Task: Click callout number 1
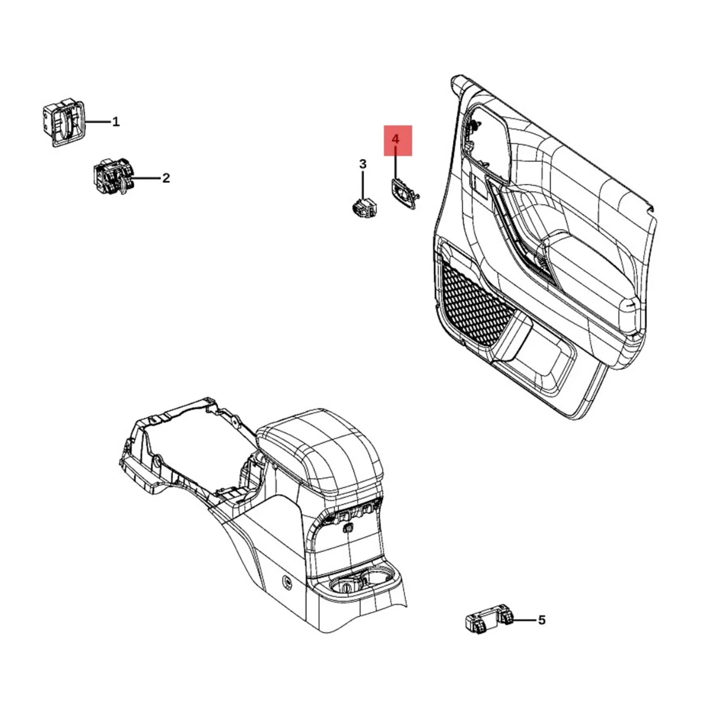point(116,122)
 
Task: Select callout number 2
point(166,178)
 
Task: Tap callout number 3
point(363,164)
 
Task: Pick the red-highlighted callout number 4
point(397,140)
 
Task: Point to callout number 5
point(541,620)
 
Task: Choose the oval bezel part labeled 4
point(404,192)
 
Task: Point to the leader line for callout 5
point(524,620)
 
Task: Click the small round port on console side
point(287,581)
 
